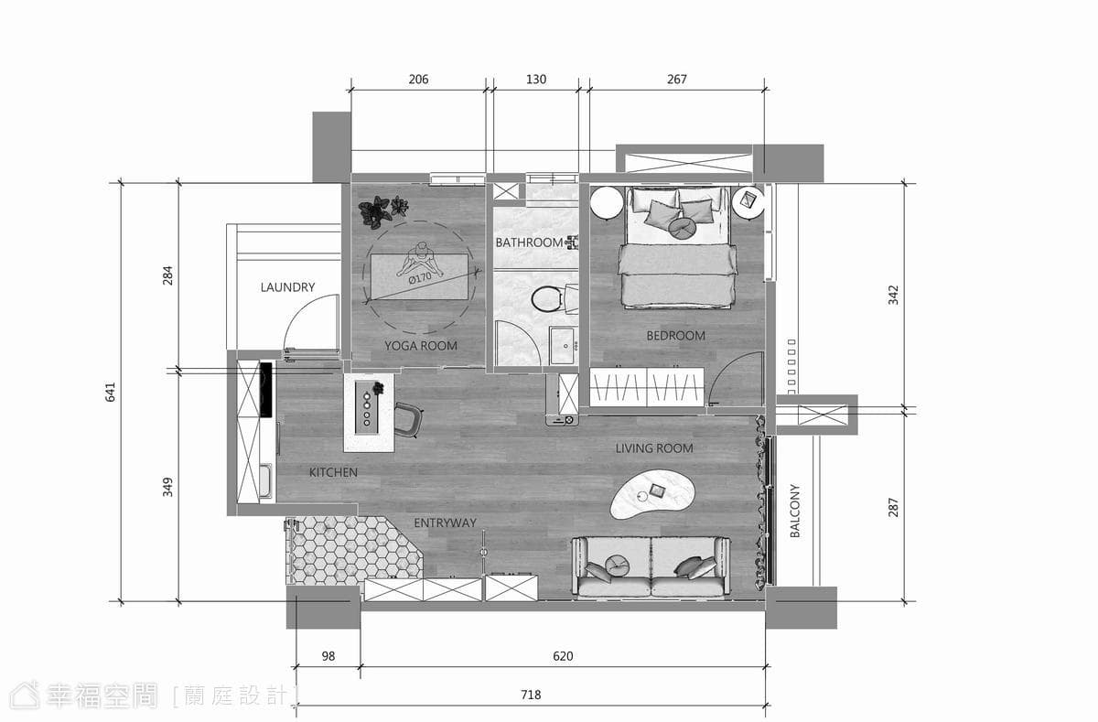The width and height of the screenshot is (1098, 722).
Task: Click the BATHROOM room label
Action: coord(529,242)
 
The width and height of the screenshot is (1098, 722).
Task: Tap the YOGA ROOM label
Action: coord(421,346)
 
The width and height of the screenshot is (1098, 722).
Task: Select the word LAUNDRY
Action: coord(287,287)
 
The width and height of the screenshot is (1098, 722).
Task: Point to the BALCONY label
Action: coord(794,511)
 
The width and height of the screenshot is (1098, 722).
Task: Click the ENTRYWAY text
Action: coord(445,523)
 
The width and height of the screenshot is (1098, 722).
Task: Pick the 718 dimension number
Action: coord(531,695)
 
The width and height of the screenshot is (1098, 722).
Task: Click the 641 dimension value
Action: coord(111,393)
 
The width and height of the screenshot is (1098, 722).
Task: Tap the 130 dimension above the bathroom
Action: coord(536,80)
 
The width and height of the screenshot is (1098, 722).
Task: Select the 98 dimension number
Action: coord(328,656)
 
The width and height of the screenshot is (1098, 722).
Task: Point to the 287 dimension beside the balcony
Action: coord(893,507)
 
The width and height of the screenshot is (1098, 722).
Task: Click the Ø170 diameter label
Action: coord(420,278)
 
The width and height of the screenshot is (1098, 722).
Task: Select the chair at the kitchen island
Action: coord(408,420)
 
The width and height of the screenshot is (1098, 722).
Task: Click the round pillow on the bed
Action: coord(682,228)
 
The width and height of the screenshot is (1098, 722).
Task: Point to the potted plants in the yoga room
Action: coord(382,211)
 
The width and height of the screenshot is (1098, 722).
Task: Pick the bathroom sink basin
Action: coord(562,346)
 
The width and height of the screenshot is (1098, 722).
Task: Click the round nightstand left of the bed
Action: coord(608,203)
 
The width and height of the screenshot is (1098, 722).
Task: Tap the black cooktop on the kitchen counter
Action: coord(265,390)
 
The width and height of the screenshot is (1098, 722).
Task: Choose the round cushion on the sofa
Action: coord(617,566)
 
